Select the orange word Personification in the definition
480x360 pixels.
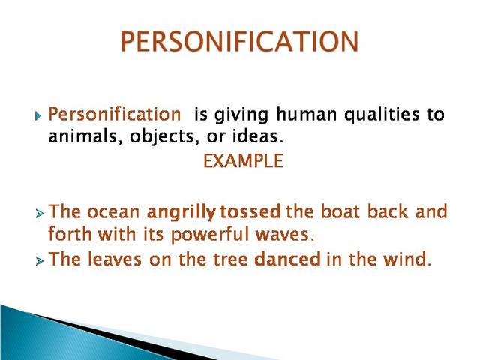coord(114,115)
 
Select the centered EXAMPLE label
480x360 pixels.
coord(244,162)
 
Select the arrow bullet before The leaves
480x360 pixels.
coord(40,261)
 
